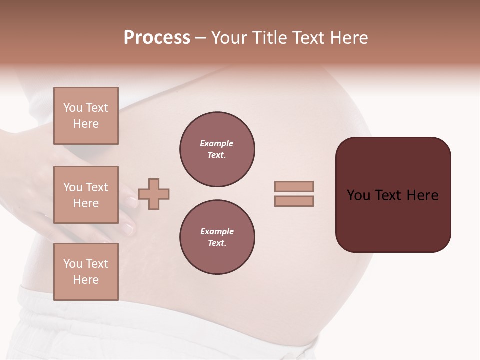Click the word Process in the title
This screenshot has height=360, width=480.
[157, 38]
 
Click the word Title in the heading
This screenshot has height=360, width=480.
[268, 38]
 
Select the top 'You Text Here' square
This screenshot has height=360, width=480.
[86, 116]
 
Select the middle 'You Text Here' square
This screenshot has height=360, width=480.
[86, 195]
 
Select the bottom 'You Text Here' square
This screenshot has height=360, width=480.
[86, 271]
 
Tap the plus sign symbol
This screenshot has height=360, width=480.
[154, 194]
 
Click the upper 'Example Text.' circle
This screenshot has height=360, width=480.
[217, 149]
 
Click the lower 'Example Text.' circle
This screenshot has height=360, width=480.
[217, 237]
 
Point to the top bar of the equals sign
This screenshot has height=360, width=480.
[294, 187]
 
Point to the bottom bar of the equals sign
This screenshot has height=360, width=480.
[294, 201]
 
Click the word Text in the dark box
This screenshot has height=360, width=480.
[389, 195]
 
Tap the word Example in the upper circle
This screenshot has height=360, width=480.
[216, 143]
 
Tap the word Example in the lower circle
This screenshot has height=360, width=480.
[217, 231]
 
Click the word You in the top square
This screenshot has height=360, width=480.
[73, 108]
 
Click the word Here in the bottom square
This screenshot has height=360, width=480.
[86, 280]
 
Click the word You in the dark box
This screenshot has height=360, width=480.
[358, 195]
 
